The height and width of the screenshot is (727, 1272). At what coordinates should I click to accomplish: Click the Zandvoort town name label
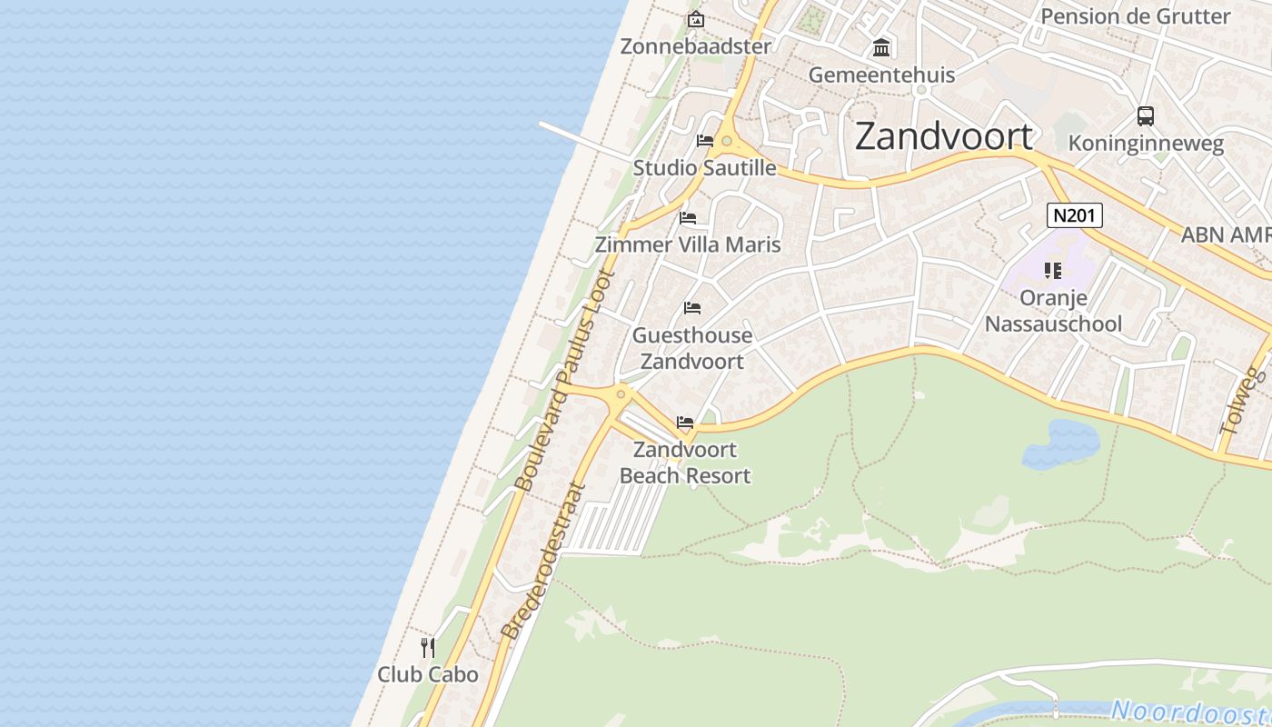click(944, 136)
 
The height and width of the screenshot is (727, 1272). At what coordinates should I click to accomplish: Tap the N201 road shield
click(1075, 215)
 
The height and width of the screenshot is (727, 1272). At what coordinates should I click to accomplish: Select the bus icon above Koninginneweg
click(1146, 116)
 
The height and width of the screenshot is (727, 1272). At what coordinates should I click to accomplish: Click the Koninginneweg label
click(1146, 144)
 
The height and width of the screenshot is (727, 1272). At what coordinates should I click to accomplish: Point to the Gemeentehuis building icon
click(881, 47)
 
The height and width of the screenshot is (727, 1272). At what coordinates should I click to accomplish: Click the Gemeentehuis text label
click(881, 75)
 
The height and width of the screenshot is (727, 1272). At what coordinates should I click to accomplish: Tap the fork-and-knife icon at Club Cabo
click(428, 647)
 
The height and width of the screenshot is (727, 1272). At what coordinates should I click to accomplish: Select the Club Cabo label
click(428, 674)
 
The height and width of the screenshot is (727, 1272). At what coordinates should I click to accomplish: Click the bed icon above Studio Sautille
click(705, 141)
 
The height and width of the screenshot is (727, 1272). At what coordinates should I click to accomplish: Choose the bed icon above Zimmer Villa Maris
click(688, 218)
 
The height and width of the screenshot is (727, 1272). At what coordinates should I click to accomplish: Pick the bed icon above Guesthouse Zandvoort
click(692, 308)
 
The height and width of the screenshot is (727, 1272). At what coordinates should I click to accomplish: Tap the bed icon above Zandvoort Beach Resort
click(685, 423)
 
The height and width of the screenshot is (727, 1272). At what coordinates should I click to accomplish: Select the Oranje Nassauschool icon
click(1053, 270)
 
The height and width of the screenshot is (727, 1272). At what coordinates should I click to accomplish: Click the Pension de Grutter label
click(1135, 15)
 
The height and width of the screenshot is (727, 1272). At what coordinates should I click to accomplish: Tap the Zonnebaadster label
click(695, 46)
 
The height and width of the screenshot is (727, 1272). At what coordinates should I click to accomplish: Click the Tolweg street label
click(1244, 401)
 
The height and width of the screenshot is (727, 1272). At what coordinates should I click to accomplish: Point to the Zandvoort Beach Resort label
click(685, 463)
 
